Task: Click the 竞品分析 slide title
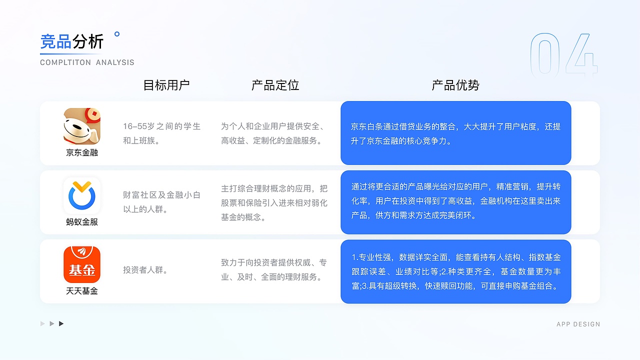pyautogui.click(x=72, y=41)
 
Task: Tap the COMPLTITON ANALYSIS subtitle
pyautogui.click(x=87, y=62)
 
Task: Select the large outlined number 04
pyautogui.click(x=563, y=56)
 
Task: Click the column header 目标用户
pyautogui.click(x=166, y=85)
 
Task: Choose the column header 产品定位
pyautogui.click(x=275, y=85)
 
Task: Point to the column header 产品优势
pyautogui.click(x=455, y=85)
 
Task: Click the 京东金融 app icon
pyautogui.click(x=82, y=126)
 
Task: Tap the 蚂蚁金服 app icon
pyautogui.click(x=82, y=195)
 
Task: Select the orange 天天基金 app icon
pyautogui.click(x=82, y=264)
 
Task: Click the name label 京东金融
pyautogui.click(x=82, y=152)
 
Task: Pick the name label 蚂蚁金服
pyautogui.click(x=82, y=221)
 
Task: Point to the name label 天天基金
pyautogui.click(x=82, y=290)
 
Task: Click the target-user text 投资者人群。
pyautogui.click(x=145, y=270)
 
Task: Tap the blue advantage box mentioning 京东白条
pyautogui.click(x=455, y=133)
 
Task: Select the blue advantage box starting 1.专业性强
pyautogui.click(x=455, y=271)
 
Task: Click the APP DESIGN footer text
pyautogui.click(x=578, y=324)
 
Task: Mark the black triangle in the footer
pyautogui.click(x=61, y=324)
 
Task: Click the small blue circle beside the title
pyautogui.click(x=117, y=34)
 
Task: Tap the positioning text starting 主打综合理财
pyautogui.click(x=274, y=202)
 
